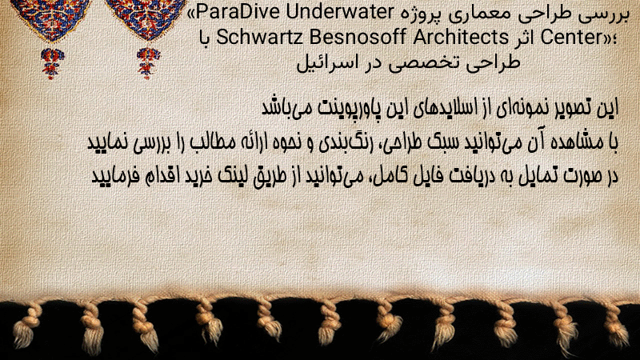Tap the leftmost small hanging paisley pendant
pyautogui.click(x=52, y=63)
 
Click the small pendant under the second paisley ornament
pyautogui.click(x=148, y=63)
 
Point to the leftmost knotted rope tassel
pyautogui.click(x=27, y=326)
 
